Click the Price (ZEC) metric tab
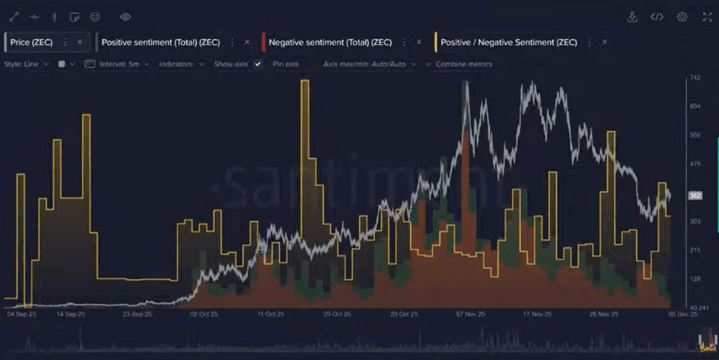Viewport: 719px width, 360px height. (x=31, y=42)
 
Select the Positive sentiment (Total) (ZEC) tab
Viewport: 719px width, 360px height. (x=160, y=42)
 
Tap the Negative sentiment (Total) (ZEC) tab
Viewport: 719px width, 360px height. (x=330, y=42)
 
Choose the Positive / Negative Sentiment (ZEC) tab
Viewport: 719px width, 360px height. (x=508, y=42)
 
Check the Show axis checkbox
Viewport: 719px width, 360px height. (x=258, y=64)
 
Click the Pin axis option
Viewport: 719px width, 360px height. (x=285, y=64)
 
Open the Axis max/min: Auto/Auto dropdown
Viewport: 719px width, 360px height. (x=369, y=64)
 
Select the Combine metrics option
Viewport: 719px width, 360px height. (x=463, y=64)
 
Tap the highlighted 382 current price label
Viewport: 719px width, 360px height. (x=695, y=196)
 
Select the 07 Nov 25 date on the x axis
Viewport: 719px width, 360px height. (x=471, y=314)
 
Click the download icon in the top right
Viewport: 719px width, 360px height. (x=632, y=17)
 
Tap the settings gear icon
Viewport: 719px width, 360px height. (x=682, y=17)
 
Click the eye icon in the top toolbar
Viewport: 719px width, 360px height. (x=125, y=17)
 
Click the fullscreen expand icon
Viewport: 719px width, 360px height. (x=707, y=17)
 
